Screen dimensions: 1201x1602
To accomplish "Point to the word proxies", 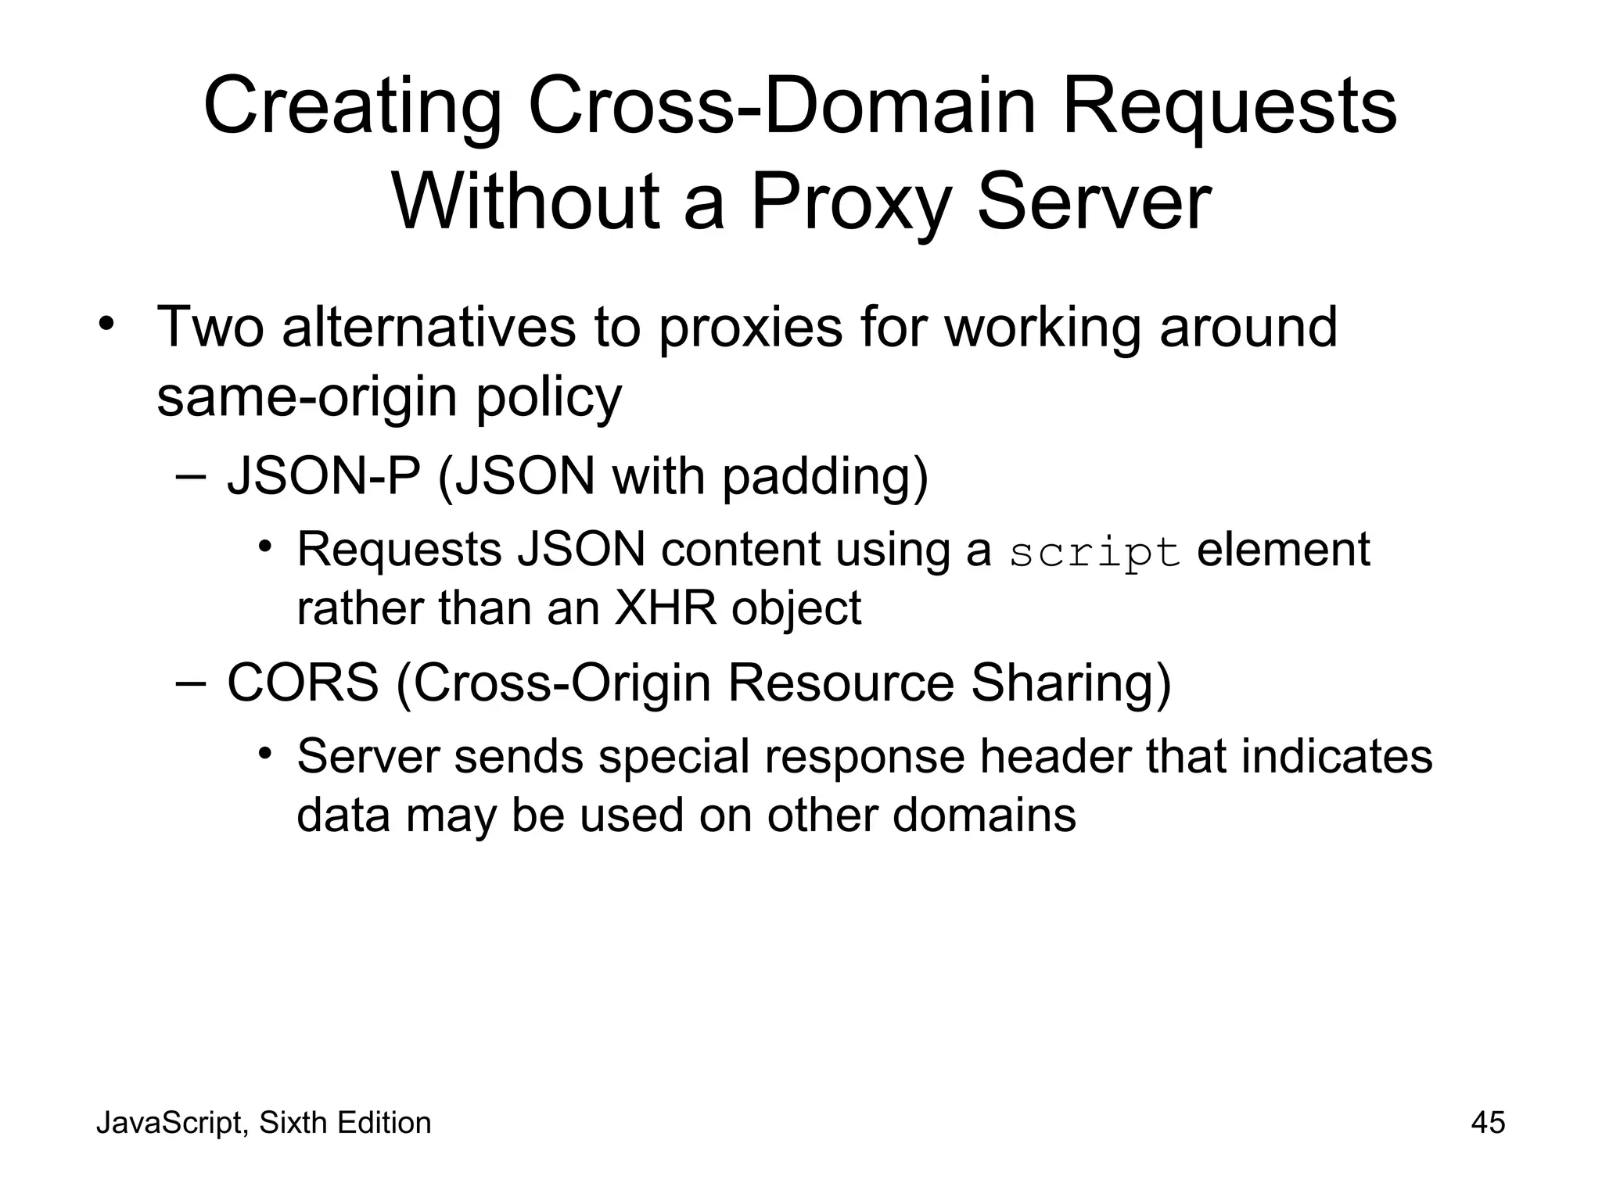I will [x=750, y=328].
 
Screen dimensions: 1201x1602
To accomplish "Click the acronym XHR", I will [x=666, y=608].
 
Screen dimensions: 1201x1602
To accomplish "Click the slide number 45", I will [x=1488, y=1123].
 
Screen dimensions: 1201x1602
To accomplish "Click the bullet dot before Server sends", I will [x=265, y=753].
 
